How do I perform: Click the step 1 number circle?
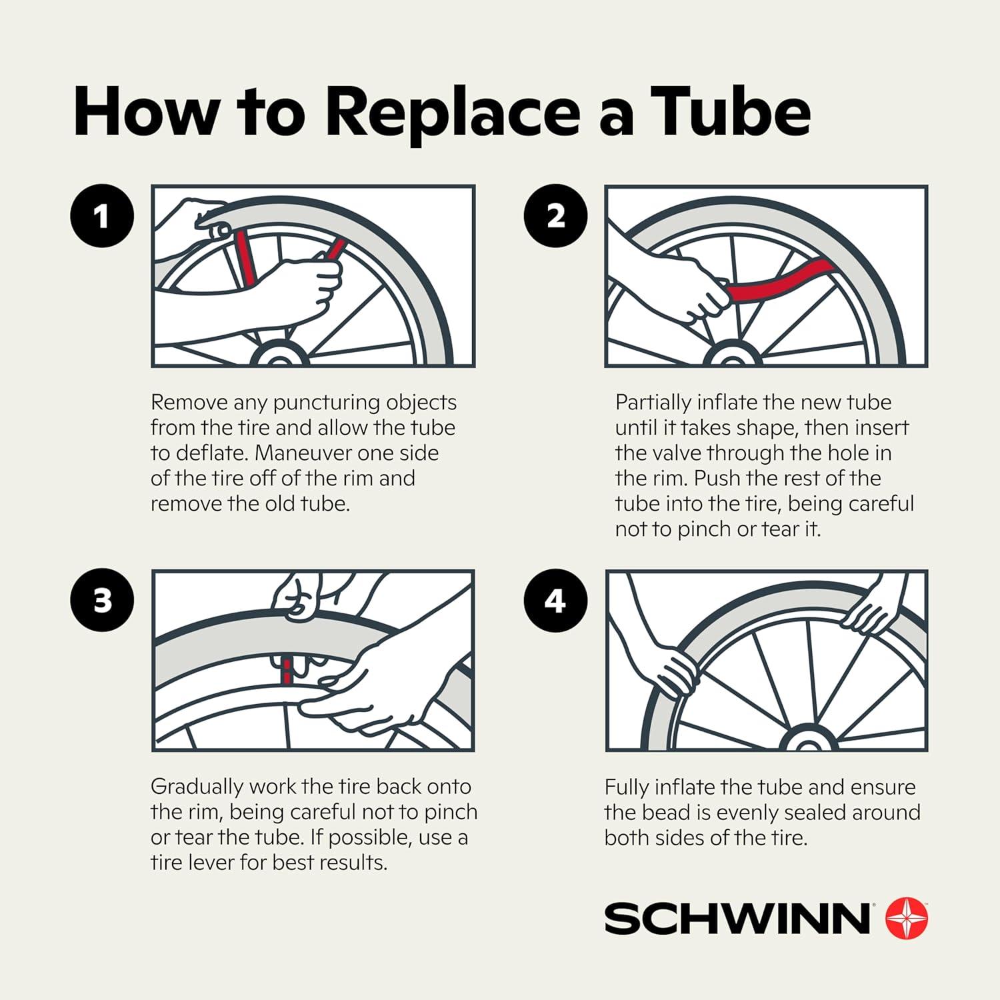coord(102,216)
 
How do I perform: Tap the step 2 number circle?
coord(555,216)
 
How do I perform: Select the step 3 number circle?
coord(102,601)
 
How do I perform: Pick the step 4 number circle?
coord(555,601)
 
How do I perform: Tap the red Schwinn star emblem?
coord(906,918)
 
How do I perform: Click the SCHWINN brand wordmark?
coord(737,919)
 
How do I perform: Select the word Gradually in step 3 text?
coord(197,787)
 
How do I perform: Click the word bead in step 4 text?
coord(663,813)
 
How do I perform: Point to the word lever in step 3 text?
coord(208,863)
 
